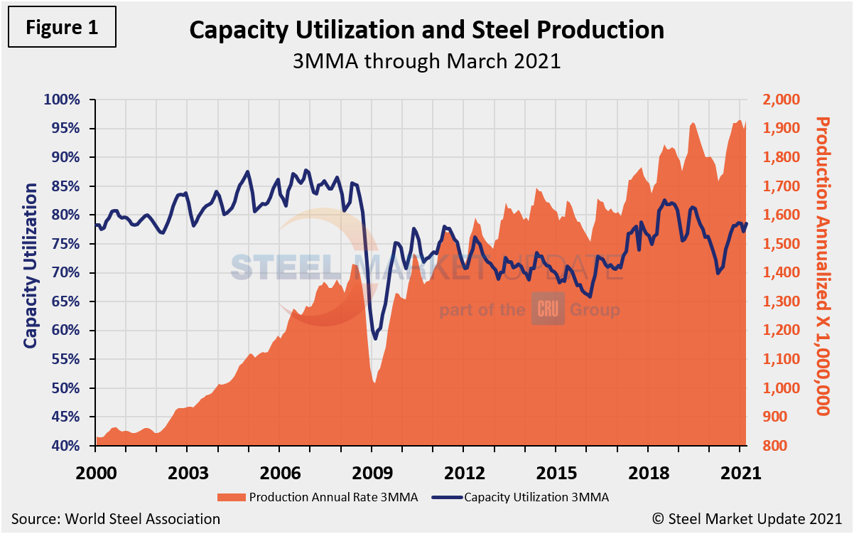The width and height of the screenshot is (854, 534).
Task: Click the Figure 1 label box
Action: coord(62,28)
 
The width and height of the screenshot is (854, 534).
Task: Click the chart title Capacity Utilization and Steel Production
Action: coord(426,31)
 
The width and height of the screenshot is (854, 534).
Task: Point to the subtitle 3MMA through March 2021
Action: coord(426,60)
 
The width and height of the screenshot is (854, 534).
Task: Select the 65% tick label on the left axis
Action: coord(71,301)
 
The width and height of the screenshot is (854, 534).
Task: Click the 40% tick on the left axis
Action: coord(71,446)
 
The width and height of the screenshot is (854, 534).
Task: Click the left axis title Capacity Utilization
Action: coord(30,265)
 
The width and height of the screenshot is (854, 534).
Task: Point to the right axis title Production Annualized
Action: coord(823,265)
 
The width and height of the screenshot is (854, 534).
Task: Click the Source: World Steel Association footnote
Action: coord(115,519)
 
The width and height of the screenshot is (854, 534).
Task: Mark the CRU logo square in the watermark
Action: coord(548,309)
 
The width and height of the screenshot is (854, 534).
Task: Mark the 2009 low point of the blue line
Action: coord(375,338)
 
